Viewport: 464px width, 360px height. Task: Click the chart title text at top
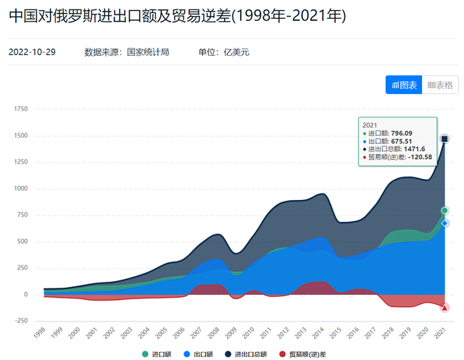click(178, 15)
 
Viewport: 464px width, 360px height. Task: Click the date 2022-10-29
click(32, 52)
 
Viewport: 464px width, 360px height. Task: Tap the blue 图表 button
click(404, 85)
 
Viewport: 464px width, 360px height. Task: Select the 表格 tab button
click(439, 85)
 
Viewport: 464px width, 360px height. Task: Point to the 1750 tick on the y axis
click(20, 109)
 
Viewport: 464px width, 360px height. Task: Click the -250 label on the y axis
click(20, 321)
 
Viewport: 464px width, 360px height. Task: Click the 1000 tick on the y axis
click(20, 188)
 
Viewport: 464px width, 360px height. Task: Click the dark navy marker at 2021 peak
click(445, 138)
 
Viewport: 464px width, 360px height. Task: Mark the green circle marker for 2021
click(445, 211)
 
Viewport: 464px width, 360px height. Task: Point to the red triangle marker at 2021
click(445, 307)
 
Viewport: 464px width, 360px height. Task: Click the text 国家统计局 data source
click(148, 52)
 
